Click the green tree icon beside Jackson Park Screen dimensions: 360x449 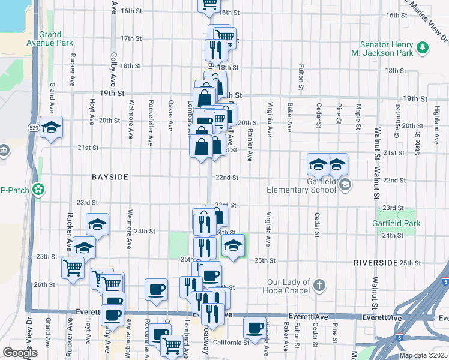(423, 47)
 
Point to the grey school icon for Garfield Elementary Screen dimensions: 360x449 (345, 185)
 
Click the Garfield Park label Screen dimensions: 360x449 (400, 224)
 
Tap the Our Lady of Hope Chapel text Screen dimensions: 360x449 (289, 286)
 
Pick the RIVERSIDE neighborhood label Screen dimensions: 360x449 (375, 263)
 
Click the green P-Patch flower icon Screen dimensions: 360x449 (39, 190)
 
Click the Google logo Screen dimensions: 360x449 (20, 353)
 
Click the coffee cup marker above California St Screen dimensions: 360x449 (255, 328)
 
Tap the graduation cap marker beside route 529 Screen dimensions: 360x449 (52, 127)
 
